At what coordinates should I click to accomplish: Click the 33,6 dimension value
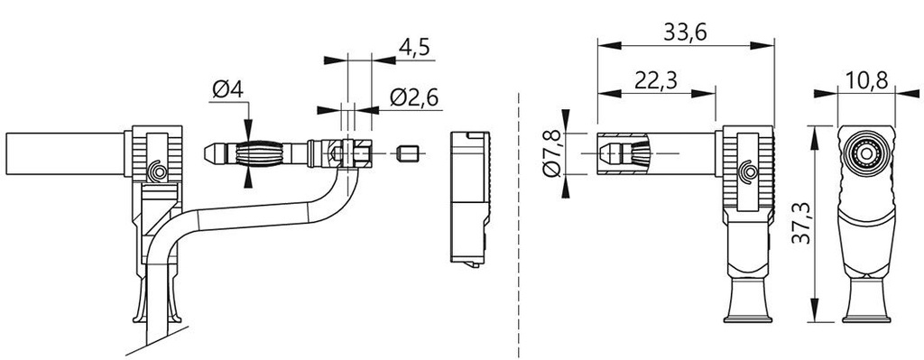coord(685,33)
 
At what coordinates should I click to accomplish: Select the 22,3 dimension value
coord(657,80)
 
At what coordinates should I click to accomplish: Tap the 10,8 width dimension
coord(866,80)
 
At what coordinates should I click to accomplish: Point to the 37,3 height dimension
coord(799,225)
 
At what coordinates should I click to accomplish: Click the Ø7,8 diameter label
coord(553,154)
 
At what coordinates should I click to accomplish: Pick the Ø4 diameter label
coord(228,90)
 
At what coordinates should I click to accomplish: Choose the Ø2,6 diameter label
coord(414,97)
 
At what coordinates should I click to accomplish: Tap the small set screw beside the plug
coord(407,154)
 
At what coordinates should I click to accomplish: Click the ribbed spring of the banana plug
coord(259,153)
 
